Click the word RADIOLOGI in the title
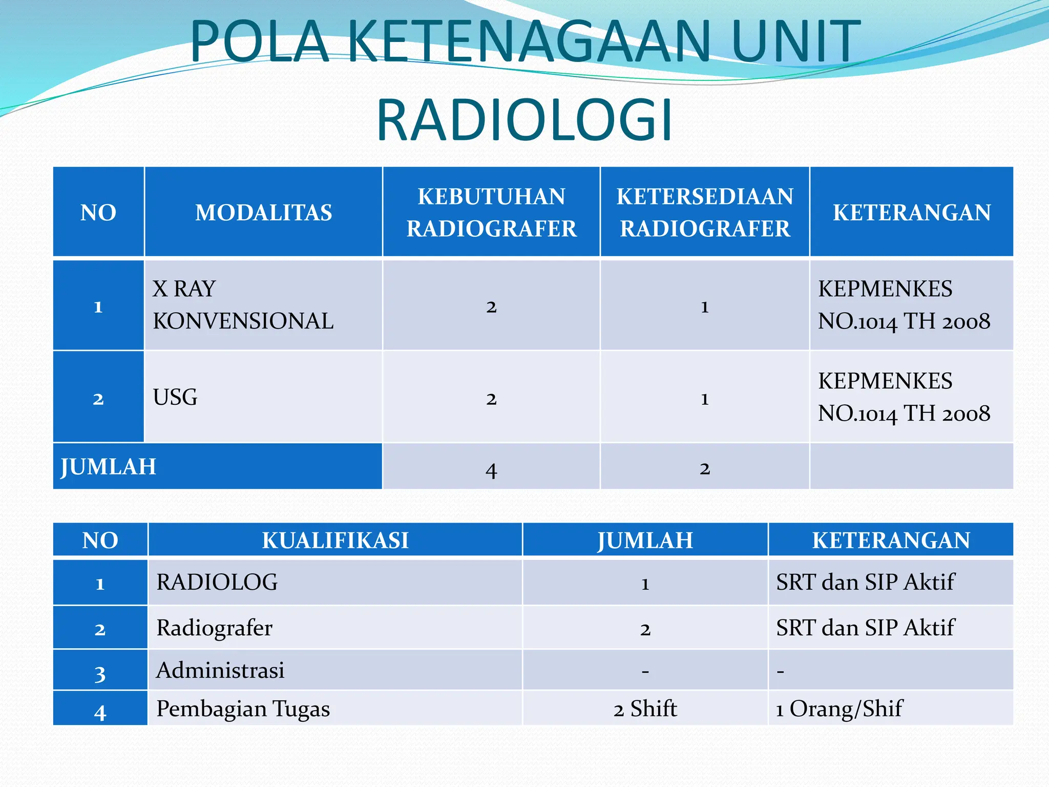[524, 120]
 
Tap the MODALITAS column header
[263, 212]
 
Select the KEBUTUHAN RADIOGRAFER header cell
[491, 212]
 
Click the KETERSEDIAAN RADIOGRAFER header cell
[704, 212]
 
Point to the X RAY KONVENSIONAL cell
[243, 305]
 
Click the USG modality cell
[175, 397]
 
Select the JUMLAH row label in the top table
[109, 467]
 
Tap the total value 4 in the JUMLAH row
[491, 469]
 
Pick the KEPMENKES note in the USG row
[904, 397]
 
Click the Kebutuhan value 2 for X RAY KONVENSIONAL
[491, 306]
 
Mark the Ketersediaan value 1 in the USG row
[704, 399]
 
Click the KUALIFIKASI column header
[335, 540]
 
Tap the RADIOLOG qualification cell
[217, 582]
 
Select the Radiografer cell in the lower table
[214, 628]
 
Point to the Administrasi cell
[220, 670]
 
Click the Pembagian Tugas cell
[243, 709]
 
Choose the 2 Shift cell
[645, 709]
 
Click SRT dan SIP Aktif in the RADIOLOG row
[865, 582]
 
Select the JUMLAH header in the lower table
[645, 540]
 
